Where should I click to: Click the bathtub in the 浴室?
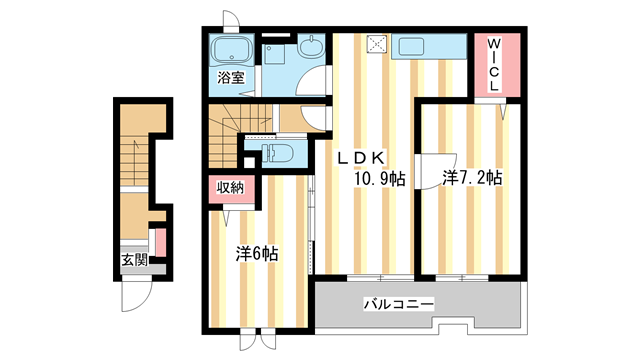point(231,50)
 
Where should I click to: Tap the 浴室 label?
point(231,78)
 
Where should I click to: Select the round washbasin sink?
point(311,45)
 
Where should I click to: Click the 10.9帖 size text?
point(376,179)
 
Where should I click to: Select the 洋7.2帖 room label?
point(472,178)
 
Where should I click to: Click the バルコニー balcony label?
point(398,304)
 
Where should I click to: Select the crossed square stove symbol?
point(377,44)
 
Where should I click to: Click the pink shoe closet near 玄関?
point(159,242)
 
